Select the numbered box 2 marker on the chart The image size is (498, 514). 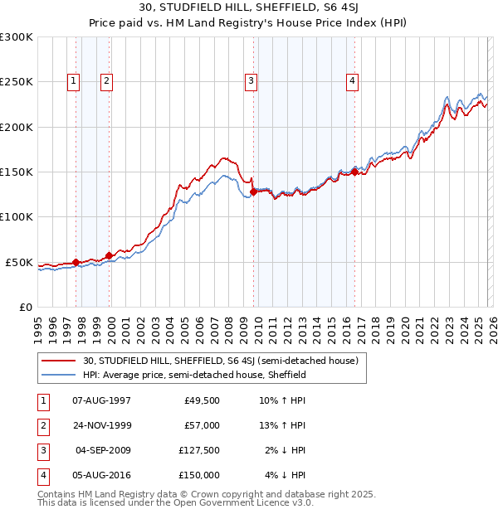108,80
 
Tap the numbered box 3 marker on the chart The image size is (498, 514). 251,80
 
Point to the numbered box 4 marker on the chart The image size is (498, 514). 353,80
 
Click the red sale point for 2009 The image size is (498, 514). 253,192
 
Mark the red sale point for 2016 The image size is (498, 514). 354,172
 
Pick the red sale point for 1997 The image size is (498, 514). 76,262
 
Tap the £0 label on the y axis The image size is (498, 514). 25,307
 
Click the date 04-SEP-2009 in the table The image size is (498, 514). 104,450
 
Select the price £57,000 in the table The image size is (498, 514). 202,425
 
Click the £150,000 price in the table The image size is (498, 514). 198,475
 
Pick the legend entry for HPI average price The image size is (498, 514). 195,376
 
